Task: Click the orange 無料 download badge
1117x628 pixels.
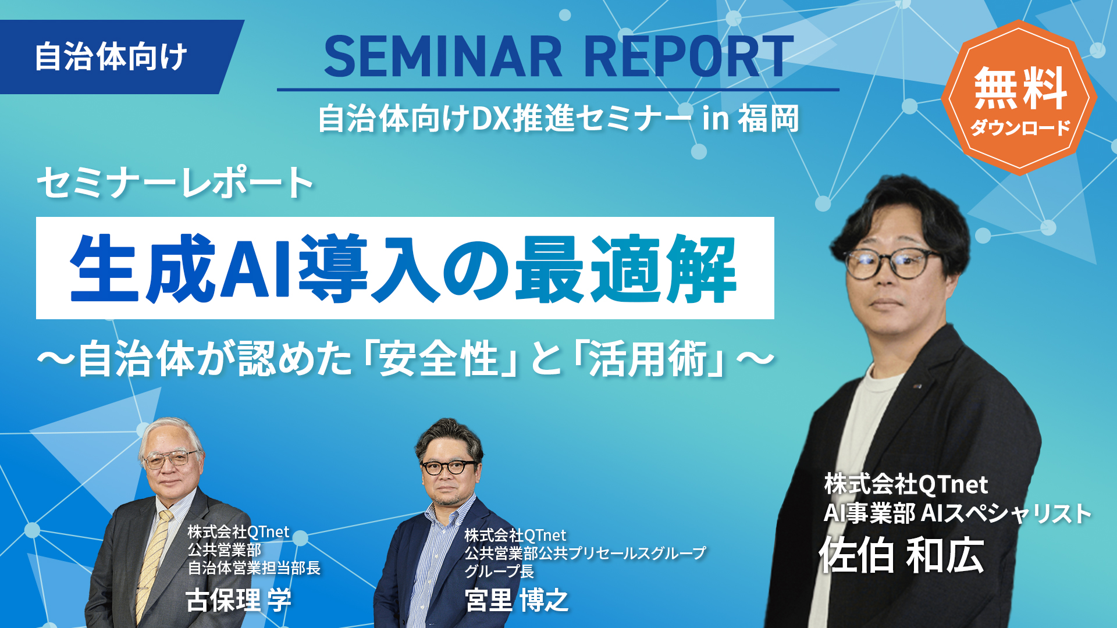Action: point(1019,98)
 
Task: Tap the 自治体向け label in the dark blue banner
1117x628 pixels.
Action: point(111,57)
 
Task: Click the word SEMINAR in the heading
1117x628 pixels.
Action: point(443,56)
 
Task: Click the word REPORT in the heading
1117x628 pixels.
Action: point(688,56)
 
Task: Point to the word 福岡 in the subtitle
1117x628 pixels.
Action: point(769,119)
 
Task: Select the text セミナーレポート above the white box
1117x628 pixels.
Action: point(175,183)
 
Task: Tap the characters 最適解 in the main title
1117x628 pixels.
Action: point(626,269)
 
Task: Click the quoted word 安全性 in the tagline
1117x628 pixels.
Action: point(439,359)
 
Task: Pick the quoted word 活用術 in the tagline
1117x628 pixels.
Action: point(648,359)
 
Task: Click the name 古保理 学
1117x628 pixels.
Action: point(239,600)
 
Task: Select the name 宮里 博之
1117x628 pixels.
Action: point(517,600)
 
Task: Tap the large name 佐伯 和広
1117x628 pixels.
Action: point(902,555)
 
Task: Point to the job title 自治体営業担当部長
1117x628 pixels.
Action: point(254,568)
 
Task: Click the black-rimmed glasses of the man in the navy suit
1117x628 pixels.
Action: point(449,467)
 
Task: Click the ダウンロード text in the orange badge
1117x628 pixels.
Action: point(1020,127)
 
